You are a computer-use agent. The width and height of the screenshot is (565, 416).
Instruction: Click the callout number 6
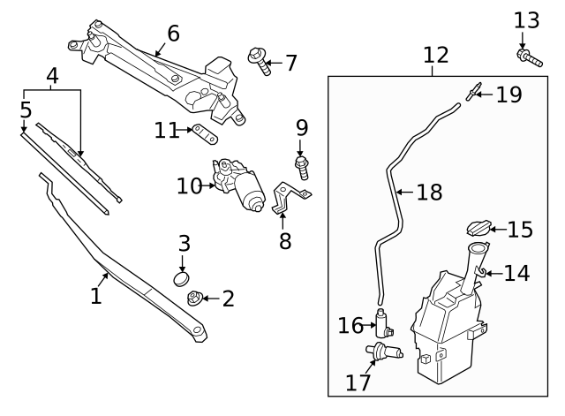pos(173,34)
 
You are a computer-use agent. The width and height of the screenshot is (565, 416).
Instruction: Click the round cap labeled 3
pos(183,279)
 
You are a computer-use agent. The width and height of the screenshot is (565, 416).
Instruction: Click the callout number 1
pos(97,295)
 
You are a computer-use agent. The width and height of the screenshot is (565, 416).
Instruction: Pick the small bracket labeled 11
pos(206,134)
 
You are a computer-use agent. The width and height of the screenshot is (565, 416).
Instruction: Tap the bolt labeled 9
pos(302,166)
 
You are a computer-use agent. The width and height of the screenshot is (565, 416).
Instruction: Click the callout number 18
pos(428,192)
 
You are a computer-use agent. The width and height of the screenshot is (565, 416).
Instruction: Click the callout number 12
pos(435,55)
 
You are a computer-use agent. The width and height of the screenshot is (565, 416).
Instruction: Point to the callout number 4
pos(52,76)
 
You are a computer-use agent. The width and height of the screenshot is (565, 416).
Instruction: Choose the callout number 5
pos(26,110)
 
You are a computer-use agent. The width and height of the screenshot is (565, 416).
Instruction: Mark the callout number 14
pos(516,273)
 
